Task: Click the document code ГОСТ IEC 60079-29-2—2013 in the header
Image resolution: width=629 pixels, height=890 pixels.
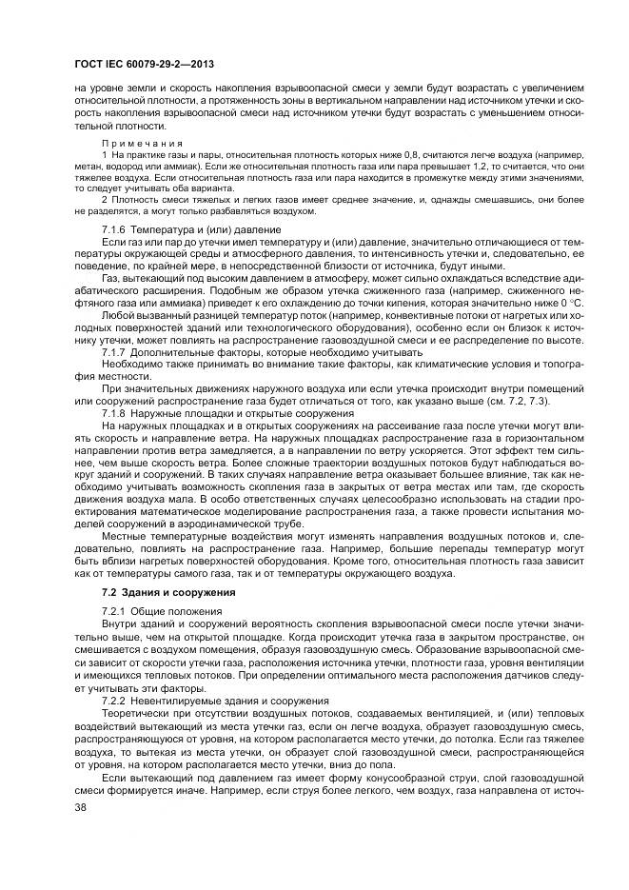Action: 143,64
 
